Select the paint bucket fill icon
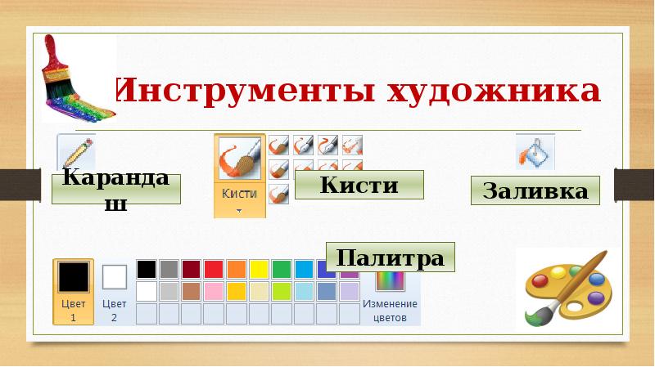pos(535,152)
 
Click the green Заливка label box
pos(535,190)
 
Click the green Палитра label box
pos(391,257)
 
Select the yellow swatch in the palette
pos(259,269)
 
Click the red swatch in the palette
pos(214,269)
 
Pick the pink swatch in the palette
pos(214,291)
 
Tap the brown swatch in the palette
pos(192,291)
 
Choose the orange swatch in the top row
pos(237,269)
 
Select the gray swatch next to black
pos(169,269)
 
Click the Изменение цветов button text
pos(390,311)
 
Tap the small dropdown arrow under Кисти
pos(240,210)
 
